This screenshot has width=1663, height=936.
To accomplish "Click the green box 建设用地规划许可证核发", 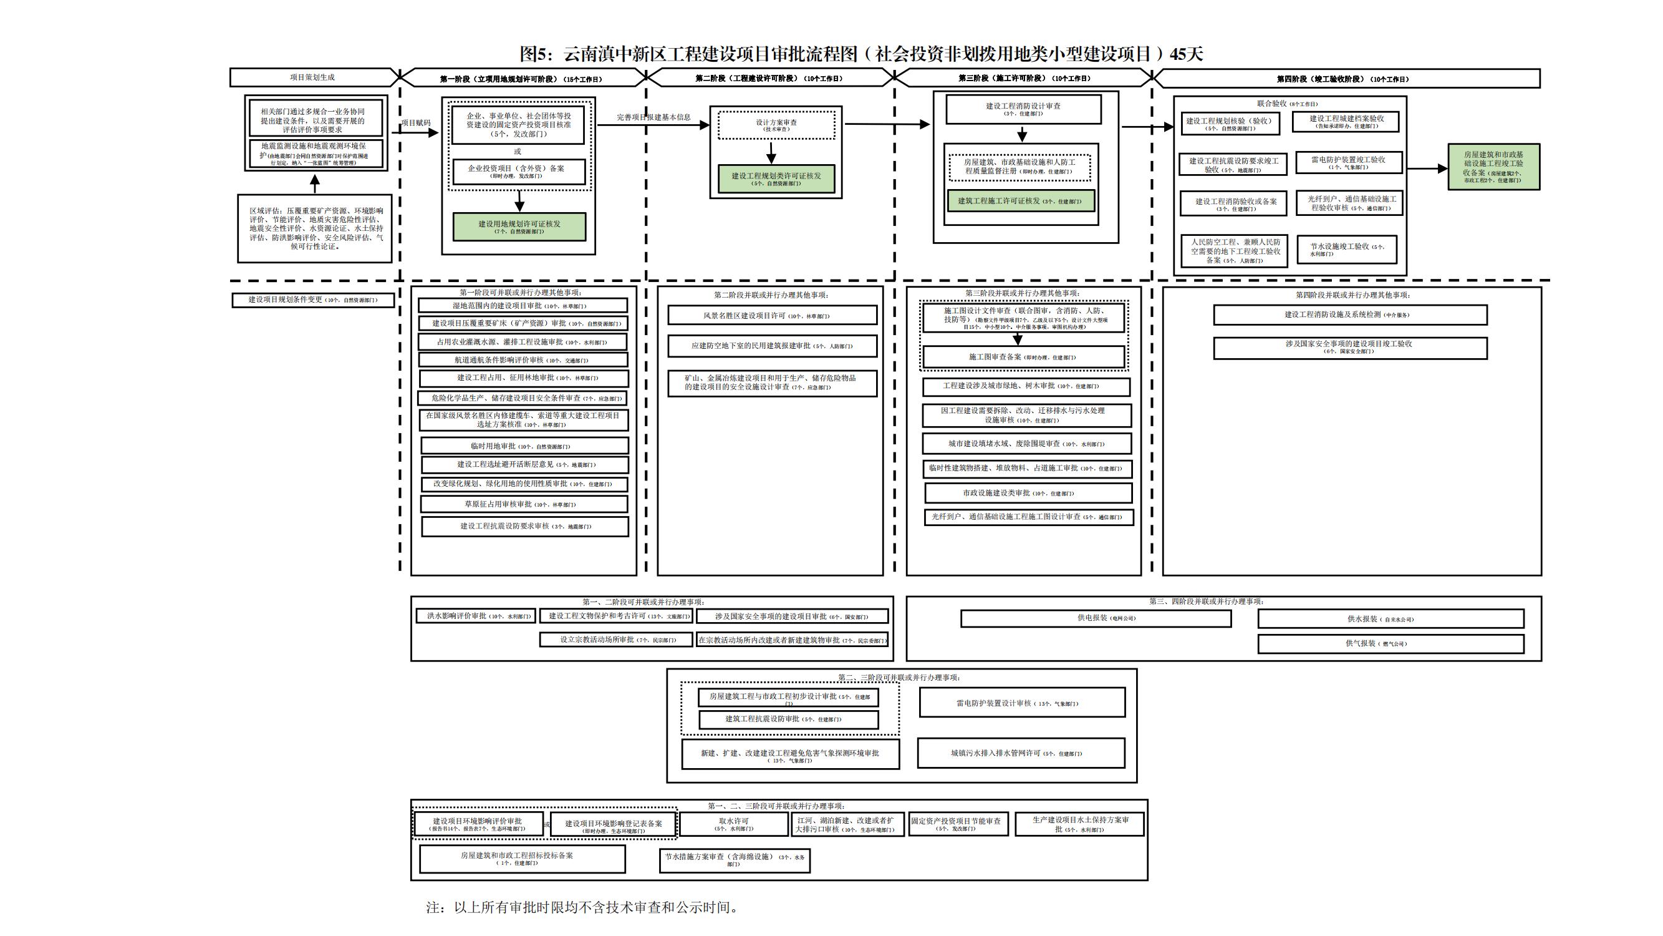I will click(519, 227).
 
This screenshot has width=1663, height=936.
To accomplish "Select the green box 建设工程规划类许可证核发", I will click(776, 178).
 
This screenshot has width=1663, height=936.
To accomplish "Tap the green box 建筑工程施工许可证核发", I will click(1020, 201).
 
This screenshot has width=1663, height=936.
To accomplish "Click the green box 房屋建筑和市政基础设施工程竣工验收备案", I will click(1493, 167).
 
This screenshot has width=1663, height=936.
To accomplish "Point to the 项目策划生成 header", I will click(312, 77).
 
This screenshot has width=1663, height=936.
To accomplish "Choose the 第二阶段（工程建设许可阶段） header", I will click(768, 78).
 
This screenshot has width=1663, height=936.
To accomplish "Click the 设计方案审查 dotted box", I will click(776, 125).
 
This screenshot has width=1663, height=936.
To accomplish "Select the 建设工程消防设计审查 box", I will click(1023, 109).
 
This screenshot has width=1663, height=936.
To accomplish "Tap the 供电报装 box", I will click(1096, 618).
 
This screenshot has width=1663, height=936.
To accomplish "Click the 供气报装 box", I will click(1391, 643).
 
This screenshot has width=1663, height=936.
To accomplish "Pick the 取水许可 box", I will click(734, 824).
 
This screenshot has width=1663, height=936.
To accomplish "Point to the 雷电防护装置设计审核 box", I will click(1021, 703).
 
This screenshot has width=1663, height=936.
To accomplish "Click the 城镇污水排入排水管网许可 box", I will click(1020, 753).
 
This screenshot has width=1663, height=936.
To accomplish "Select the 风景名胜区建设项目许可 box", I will click(771, 316).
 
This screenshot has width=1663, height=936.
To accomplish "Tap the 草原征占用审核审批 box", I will click(524, 504).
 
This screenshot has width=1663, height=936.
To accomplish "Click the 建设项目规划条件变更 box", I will click(312, 300).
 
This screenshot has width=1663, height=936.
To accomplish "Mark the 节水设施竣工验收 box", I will click(1347, 250).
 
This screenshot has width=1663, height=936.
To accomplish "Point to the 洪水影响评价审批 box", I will click(476, 617).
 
